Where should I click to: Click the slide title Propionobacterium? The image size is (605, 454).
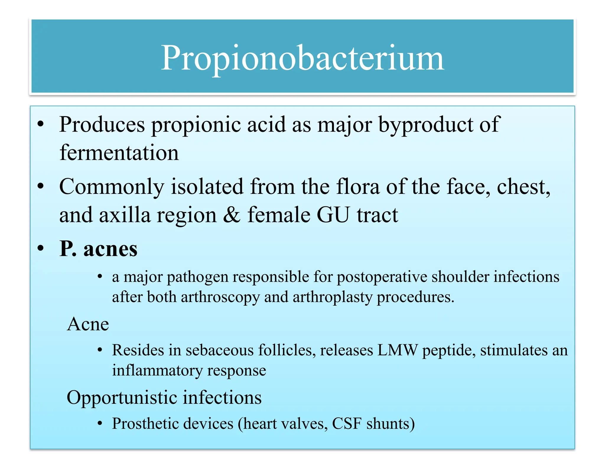[302, 58]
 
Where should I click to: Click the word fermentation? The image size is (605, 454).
[119, 153]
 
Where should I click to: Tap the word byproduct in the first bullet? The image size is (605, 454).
[425, 125]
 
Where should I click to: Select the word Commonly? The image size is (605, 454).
[112, 187]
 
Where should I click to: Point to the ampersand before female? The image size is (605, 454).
[231, 215]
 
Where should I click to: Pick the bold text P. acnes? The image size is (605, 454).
[98, 249]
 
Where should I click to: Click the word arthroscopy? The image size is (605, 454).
[220, 297]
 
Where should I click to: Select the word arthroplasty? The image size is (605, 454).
[332, 297]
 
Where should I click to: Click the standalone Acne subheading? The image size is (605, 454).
[88, 324]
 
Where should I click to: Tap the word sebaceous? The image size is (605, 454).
[219, 350]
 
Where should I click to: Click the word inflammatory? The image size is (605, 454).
[157, 370]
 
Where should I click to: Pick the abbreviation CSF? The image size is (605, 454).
[347, 424]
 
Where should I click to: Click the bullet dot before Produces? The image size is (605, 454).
[41, 124]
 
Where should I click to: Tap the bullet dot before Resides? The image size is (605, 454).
[100, 350]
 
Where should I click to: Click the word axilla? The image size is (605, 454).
[124, 215]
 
